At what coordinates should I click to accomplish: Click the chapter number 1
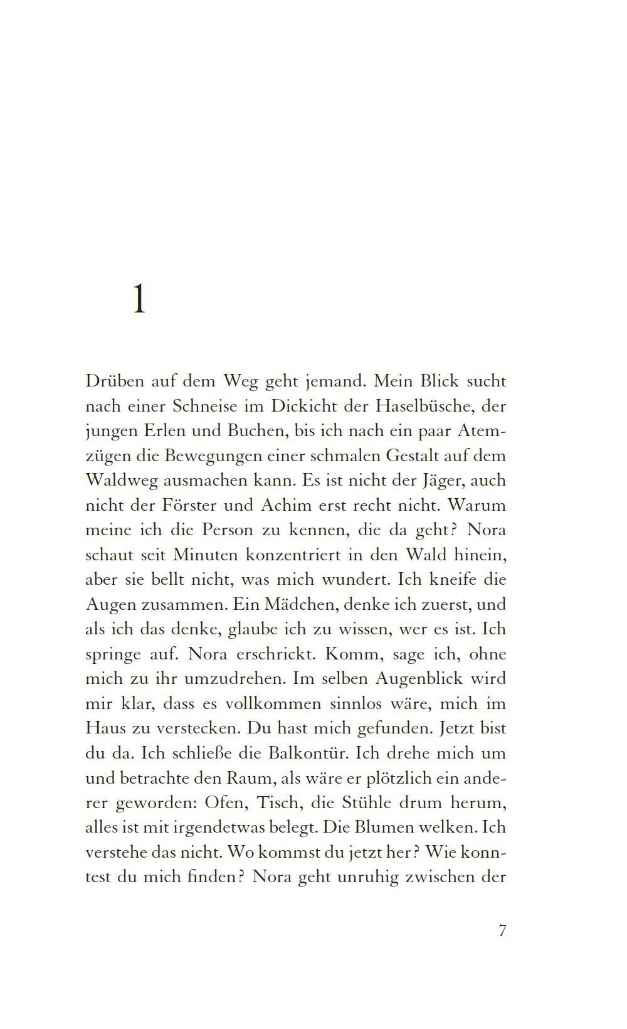tap(139, 299)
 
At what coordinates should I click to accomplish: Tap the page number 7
tap(502, 930)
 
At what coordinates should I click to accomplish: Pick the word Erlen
tap(155, 431)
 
